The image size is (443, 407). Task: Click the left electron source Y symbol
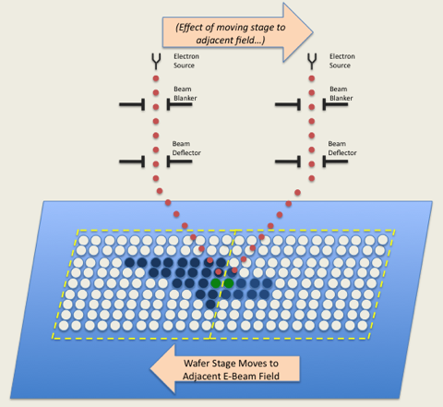pyautogui.click(x=156, y=62)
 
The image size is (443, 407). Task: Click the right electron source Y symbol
pyautogui.click(x=312, y=62)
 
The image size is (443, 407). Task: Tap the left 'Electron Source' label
pyautogui.click(x=186, y=61)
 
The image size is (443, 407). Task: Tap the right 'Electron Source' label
pyautogui.click(x=342, y=61)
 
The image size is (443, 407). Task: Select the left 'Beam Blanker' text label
pyautogui.click(x=186, y=93)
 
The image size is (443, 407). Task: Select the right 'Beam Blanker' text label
pyautogui.click(x=341, y=93)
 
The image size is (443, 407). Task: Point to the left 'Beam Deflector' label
pyautogui.click(x=186, y=149)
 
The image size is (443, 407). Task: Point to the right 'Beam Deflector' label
pyautogui.click(x=342, y=149)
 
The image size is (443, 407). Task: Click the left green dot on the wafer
pyautogui.click(x=216, y=283)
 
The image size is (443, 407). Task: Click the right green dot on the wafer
pyautogui.click(x=228, y=283)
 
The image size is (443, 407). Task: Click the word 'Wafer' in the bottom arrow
pyautogui.click(x=196, y=364)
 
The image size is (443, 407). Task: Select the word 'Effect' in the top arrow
pyautogui.click(x=189, y=28)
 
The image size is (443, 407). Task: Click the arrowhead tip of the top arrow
pyautogui.click(x=313, y=32)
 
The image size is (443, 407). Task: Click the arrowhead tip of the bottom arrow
pyautogui.click(x=150, y=368)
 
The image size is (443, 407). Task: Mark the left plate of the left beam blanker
pyautogui.click(x=132, y=104)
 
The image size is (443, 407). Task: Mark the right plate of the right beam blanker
pyautogui.click(x=335, y=104)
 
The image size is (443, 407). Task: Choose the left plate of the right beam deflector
pyautogui.click(x=288, y=162)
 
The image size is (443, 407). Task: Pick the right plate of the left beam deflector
pyautogui.click(x=179, y=162)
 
